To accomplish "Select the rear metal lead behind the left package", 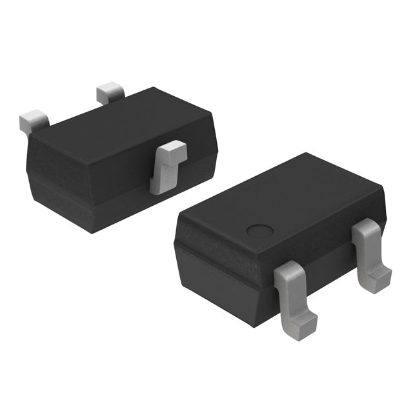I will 110,93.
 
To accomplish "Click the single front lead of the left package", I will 167,166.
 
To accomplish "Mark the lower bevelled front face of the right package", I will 226,290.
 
